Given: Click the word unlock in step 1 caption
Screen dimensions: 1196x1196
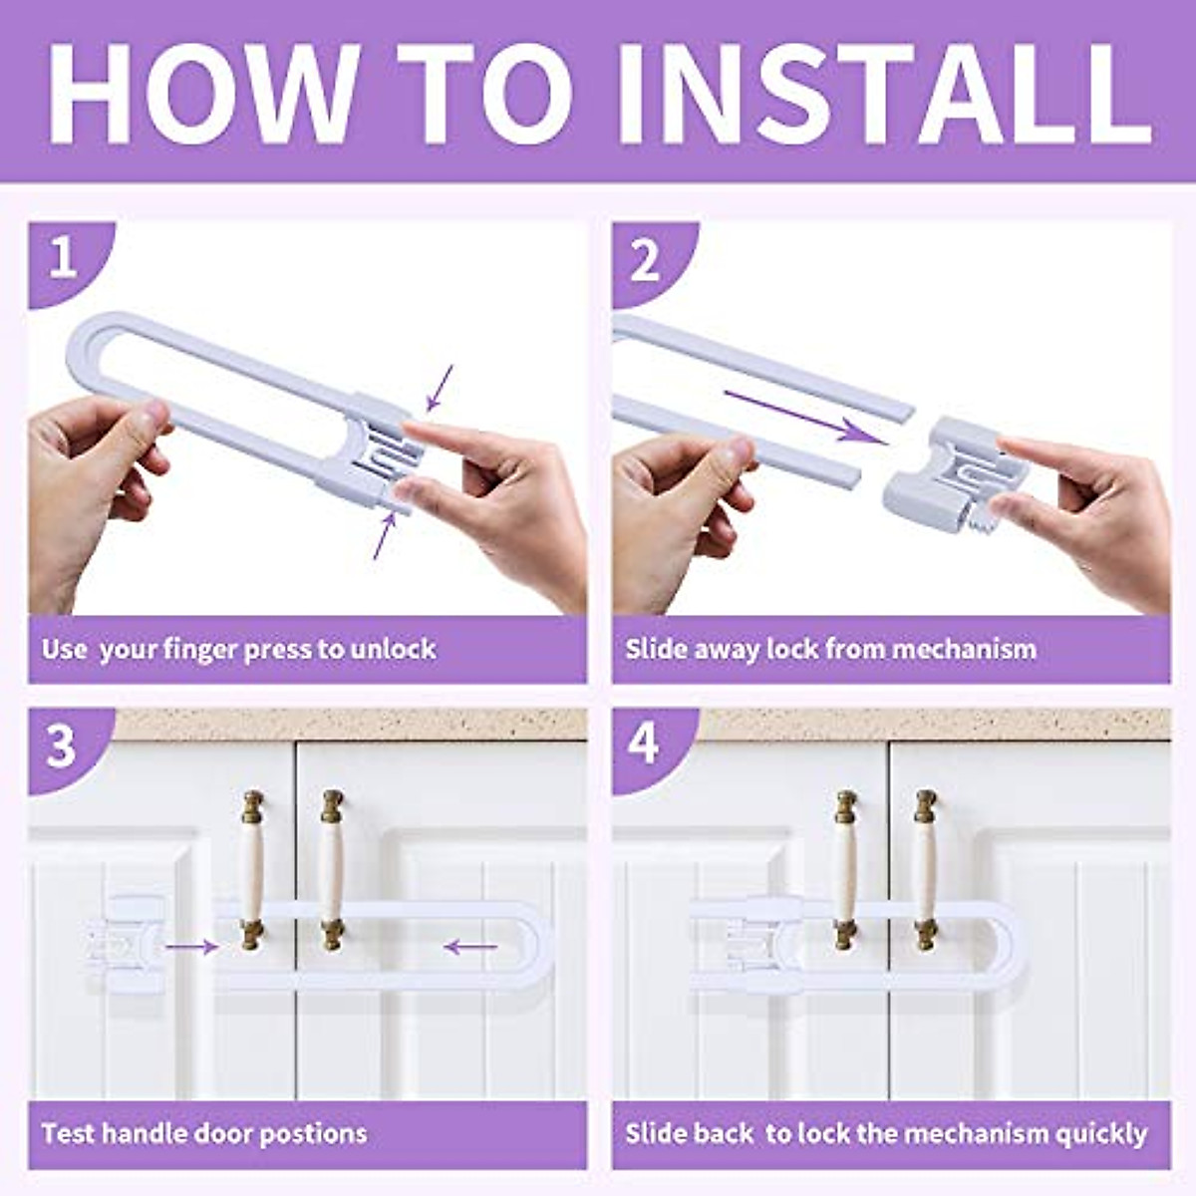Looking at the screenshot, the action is coord(394,649).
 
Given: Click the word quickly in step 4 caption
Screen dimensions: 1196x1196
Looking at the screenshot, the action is coord(1101,1134).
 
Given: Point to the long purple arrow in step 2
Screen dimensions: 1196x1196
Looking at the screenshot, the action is coord(805,417).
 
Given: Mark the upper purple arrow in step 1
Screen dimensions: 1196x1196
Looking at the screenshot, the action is coord(440,388).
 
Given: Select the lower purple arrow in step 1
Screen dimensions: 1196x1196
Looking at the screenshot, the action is coord(385,535).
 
